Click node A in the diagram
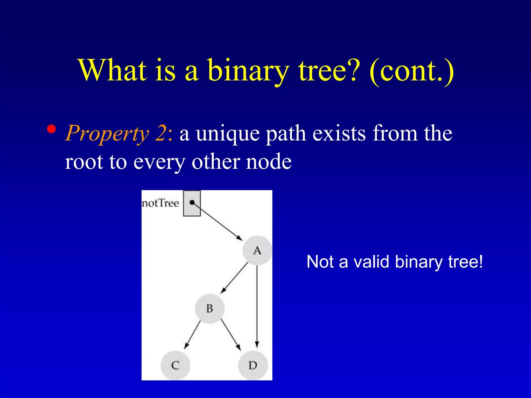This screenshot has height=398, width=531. pyautogui.click(x=257, y=250)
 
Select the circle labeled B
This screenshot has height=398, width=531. pyautogui.click(x=209, y=309)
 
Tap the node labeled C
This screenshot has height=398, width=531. pyautogui.click(x=175, y=365)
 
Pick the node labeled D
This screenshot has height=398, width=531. pyautogui.click(x=253, y=365)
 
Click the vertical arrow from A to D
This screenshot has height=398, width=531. pyautogui.click(x=257, y=306)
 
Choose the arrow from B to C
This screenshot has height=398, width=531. pyautogui.click(x=193, y=335)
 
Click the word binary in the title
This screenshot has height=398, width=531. pyautogui.click(x=248, y=70)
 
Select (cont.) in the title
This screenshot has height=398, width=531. pyautogui.click(x=411, y=70)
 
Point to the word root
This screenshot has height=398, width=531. pyautogui.click(x=84, y=162)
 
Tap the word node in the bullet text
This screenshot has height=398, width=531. pyautogui.click(x=269, y=162)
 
